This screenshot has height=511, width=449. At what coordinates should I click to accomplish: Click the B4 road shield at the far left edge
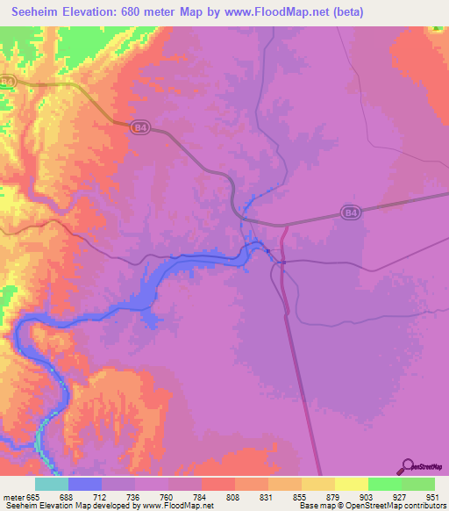tap(8, 82)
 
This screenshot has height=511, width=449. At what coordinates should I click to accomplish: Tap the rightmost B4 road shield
tap(350, 212)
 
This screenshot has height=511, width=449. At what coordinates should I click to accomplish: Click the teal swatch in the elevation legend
tap(51, 485)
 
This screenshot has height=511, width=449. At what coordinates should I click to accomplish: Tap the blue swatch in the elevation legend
tap(84, 485)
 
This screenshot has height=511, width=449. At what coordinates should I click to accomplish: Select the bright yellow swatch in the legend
tap(351, 485)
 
